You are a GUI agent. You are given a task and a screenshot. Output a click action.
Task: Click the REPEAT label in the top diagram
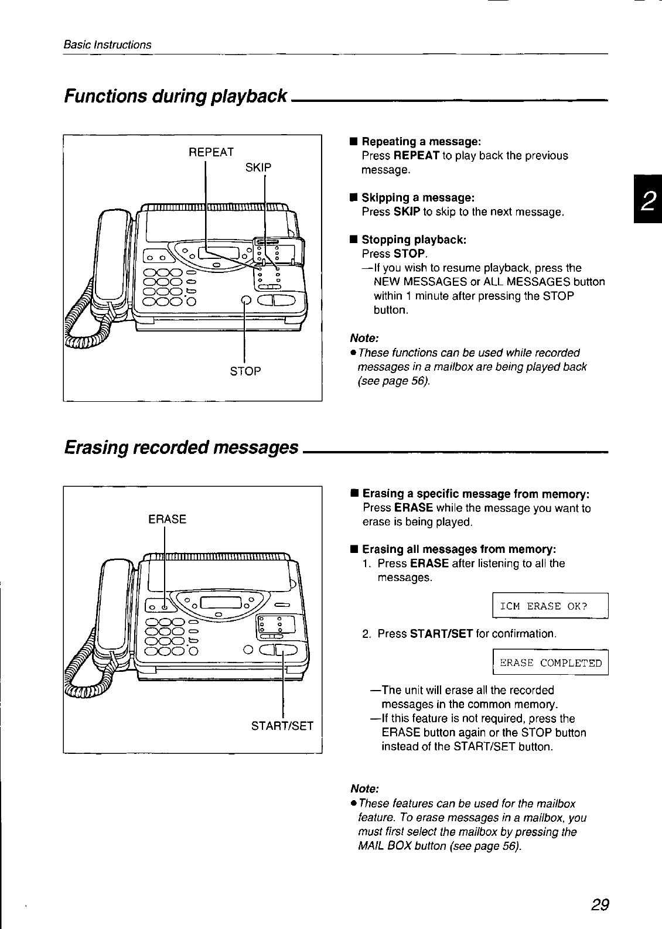(x=211, y=152)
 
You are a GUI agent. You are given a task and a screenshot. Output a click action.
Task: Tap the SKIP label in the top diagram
(x=258, y=168)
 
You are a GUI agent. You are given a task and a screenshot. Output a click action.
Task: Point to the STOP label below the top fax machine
(x=245, y=371)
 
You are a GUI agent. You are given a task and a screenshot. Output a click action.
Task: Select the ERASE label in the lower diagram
(x=168, y=519)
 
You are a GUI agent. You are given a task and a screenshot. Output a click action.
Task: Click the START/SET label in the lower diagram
(x=282, y=726)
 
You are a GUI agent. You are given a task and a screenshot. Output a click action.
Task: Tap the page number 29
(x=600, y=905)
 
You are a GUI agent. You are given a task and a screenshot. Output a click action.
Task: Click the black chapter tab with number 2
(x=647, y=203)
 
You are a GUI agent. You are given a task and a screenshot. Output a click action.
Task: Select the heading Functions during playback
(x=176, y=95)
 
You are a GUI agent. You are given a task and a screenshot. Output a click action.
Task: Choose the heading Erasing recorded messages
(x=182, y=448)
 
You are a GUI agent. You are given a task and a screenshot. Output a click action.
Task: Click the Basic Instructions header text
(x=108, y=45)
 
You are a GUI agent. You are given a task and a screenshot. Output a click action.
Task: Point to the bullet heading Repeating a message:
(x=421, y=142)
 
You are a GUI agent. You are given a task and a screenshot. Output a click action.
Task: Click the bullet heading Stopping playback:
(x=414, y=240)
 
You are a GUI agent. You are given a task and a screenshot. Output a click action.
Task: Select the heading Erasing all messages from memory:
(x=459, y=549)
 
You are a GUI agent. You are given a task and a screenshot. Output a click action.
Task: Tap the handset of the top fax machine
(x=111, y=258)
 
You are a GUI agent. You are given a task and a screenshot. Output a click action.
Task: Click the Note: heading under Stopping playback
(x=364, y=339)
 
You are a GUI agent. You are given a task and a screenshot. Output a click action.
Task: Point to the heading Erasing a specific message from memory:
(x=476, y=494)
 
